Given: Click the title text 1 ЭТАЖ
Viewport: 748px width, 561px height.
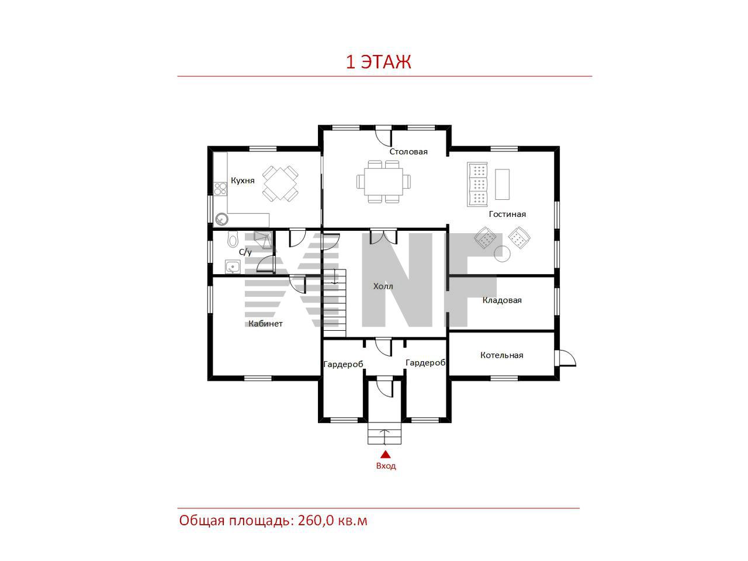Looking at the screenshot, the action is [x=378, y=62].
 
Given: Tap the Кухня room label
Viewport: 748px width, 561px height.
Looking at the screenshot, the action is [x=243, y=181].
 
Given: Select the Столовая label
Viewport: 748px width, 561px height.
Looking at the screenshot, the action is [x=408, y=151].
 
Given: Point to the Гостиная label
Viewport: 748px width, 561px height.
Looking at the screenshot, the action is [x=507, y=214].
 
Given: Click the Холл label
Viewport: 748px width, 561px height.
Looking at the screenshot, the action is [x=383, y=286].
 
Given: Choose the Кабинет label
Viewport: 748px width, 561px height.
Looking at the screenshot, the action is [x=265, y=324].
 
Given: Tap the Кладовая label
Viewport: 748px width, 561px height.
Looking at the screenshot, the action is [x=502, y=300].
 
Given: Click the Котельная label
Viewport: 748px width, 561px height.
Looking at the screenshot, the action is [x=501, y=355].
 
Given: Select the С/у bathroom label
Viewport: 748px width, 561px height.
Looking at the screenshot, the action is [x=245, y=252].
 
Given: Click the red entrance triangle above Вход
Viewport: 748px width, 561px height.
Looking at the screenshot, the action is [x=386, y=454].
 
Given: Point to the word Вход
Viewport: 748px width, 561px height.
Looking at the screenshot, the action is [x=386, y=466].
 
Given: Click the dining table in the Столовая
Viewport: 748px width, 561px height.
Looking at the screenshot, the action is [x=383, y=182].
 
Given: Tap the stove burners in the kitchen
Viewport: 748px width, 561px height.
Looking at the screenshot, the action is [x=220, y=188].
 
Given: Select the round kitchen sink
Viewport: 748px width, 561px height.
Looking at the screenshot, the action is [x=221, y=219].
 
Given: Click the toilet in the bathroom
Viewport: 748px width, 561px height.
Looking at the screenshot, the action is [x=233, y=239].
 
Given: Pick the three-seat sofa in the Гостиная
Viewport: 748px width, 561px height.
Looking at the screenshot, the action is [x=477, y=184].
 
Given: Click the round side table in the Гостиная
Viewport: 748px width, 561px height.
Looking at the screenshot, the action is [x=502, y=254].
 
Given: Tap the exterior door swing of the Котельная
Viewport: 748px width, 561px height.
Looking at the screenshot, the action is [x=567, y=358].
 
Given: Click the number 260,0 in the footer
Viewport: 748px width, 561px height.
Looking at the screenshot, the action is [x=316, y=520].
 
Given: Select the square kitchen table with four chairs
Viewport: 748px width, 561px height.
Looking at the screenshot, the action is [x=280, y=183].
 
